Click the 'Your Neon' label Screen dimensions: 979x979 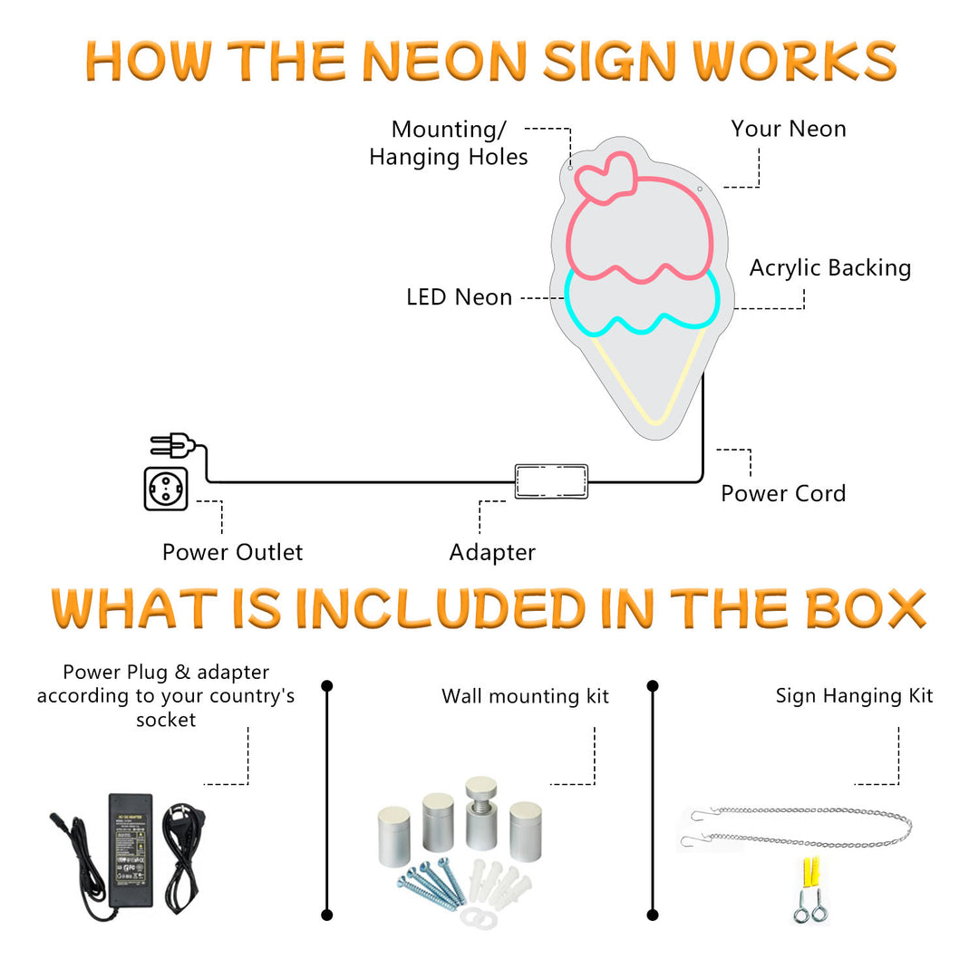(x=789, y=129)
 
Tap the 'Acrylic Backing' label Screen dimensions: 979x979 (x=829, y=267)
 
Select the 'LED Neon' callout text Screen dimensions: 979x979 (x=459, y=296)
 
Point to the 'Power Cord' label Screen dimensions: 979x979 (x=783, y=493)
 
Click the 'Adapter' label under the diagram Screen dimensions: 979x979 (x=492, y=552)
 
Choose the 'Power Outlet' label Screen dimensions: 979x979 (x=232, y=552)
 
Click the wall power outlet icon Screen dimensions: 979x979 (x=166, y=489)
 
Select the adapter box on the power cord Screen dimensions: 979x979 (x=551, y=481)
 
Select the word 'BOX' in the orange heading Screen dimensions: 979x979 (x=865, y=609)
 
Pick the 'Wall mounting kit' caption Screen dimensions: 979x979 (x=525, y=696)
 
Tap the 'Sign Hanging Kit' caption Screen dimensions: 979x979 (x=854, y=696)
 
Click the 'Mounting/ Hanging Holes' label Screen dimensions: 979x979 (x=449, y=143)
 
